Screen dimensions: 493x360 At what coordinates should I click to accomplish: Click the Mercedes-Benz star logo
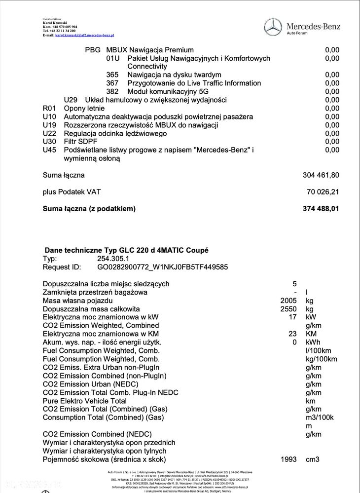[273, 27]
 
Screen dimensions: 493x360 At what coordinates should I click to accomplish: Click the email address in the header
[84, 36]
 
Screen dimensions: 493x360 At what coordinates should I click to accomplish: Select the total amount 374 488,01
[321, 209]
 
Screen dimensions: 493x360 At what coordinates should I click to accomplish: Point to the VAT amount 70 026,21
[323, 191]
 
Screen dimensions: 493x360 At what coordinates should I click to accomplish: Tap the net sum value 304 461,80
[321, 175]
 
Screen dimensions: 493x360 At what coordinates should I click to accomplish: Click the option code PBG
[92, 50]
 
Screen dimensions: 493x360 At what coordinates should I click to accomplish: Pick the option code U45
[50, 150]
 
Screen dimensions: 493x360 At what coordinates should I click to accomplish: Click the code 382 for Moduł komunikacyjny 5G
[112, 92]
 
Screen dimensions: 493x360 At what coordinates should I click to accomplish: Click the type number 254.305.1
[113, 259]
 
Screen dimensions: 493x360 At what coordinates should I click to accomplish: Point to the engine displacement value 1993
[288, 459]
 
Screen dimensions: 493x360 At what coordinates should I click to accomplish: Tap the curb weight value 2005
[288, 301]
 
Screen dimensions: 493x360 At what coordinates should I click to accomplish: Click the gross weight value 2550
[288, 309]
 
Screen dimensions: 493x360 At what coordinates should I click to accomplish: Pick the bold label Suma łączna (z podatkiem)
[89, 209]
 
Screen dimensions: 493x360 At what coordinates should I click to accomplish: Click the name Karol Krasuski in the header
[55, 23]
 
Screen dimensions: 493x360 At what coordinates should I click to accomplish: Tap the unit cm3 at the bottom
[313, 459]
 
